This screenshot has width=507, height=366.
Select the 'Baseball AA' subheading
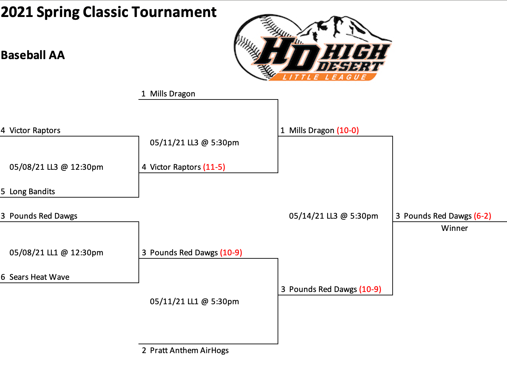click(33, 55)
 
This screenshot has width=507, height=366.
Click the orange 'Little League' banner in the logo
click(324, 77)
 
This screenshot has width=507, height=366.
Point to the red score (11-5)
click(214, 167)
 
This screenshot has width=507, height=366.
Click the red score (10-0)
click(348, 130)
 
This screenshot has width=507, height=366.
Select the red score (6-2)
click(483, 216)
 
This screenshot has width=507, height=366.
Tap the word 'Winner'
click(454, 228)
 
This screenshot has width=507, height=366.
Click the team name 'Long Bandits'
click(32, 191)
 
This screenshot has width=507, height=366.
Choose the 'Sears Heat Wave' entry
click(39, 277)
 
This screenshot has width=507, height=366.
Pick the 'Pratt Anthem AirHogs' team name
click(189, 350)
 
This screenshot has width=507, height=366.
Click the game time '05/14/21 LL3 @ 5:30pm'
click(333, 216)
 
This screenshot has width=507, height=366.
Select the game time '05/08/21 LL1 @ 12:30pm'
click(56, 253)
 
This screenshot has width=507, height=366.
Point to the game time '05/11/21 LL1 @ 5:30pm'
click(194, 302)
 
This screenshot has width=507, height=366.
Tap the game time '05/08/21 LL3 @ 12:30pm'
click(56, 167)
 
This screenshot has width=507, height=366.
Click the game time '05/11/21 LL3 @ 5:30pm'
click(194, 143)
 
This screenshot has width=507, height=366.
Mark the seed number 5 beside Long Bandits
click(3, 191)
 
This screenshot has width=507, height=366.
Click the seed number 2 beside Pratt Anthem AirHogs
click(144, 350)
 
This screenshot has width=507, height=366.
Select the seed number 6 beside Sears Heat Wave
click(3, 277)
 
